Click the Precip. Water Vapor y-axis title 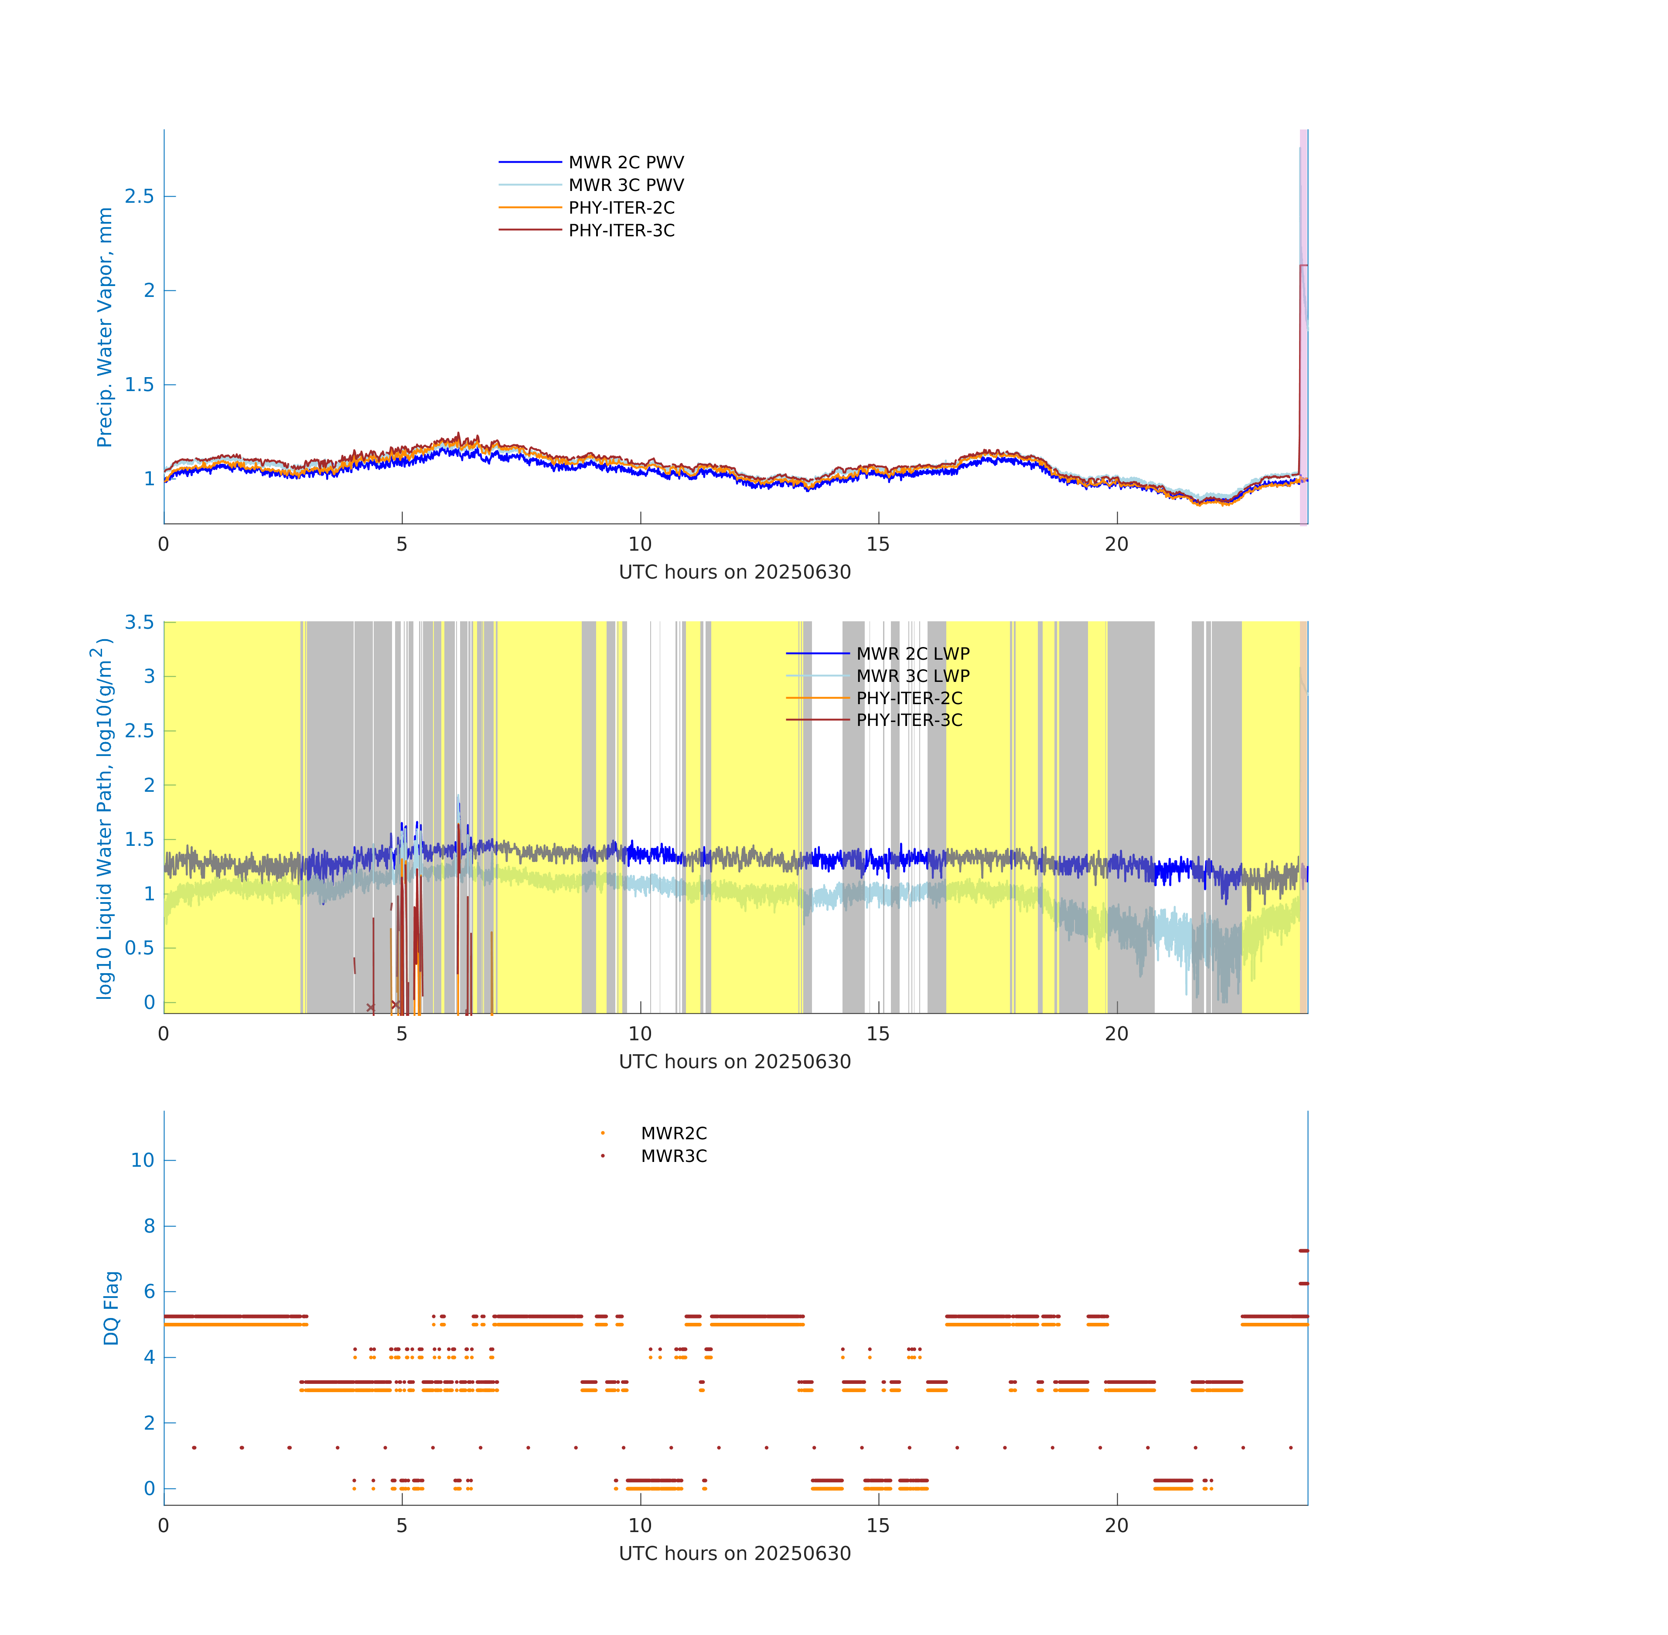[x=104, y=327]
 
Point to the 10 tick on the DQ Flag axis [x=143, y=1160]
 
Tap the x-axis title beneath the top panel [x=734, y=572]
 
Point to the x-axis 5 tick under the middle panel [x=402, y=1034]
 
